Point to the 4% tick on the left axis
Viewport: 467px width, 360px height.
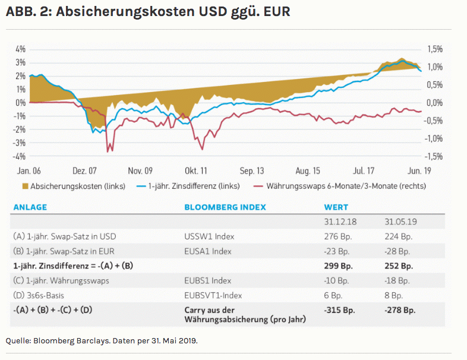coord(20,49)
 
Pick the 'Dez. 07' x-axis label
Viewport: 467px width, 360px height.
coord(84,171)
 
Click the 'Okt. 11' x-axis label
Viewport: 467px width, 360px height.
coord(195,171)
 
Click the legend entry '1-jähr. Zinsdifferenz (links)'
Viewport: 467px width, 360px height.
coord(189,186)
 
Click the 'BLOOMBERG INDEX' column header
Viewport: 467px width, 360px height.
coord(225,208)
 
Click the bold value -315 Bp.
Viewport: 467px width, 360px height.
coord(339,310)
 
